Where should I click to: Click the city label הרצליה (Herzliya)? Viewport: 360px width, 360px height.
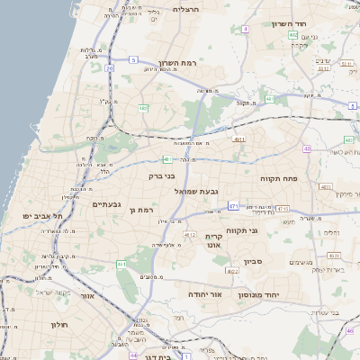(186, 9)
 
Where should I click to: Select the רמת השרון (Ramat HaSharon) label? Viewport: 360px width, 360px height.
(178, 63)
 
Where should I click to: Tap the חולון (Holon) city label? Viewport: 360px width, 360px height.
(60, 324)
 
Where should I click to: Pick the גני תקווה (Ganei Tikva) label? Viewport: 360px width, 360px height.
(242, 230)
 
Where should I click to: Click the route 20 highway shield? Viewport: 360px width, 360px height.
(110, 67)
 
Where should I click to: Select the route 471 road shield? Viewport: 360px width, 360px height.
(233, 206)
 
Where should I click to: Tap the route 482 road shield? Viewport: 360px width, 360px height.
(143, 108)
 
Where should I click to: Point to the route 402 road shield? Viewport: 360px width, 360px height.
(293, 35)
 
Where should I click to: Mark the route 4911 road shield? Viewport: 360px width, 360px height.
(238, 139)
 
